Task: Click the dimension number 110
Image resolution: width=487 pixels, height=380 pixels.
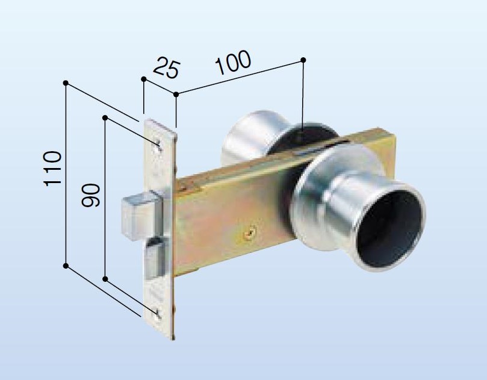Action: pos(53,169)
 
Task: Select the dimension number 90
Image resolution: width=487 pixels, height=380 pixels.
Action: pos(91,196)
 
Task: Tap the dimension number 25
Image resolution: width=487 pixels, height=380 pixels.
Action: pos(167,67)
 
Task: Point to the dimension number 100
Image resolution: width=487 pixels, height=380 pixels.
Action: pos(233,63)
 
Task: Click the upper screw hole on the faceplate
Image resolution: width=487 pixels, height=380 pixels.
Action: pos(158,145)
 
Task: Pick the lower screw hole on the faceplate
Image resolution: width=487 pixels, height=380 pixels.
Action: pos(157,313)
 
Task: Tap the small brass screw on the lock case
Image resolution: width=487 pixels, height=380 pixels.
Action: pos(250,232)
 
